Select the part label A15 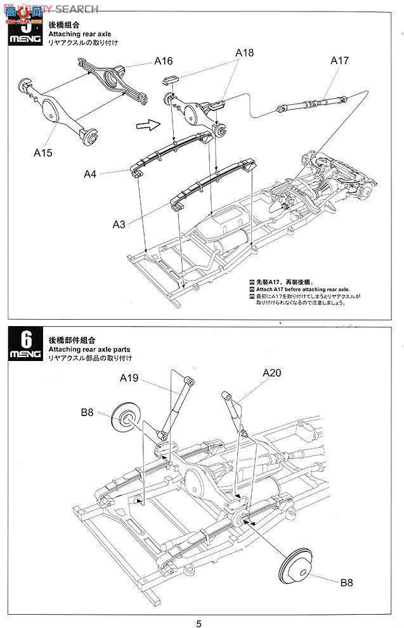pos(43,152)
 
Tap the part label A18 pos(244,53)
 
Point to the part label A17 pos(339,61)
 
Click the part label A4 pos(91,173)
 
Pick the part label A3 pos(119,224)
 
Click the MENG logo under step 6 pos(25,355)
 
